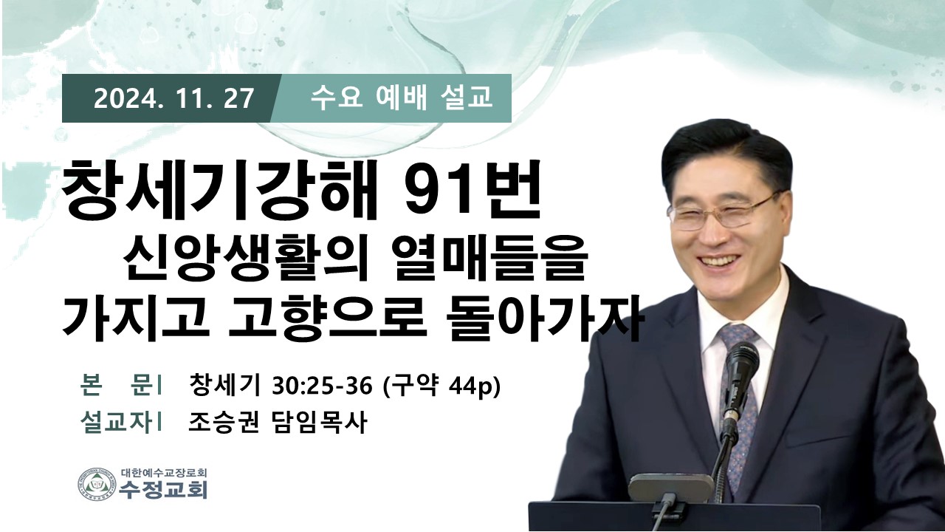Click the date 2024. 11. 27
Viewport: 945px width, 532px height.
173,98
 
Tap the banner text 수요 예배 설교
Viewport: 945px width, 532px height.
401,98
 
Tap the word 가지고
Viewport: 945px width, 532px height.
135,318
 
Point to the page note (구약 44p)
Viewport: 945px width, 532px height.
441,386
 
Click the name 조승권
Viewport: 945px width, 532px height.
223,422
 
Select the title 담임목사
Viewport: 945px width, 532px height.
317,422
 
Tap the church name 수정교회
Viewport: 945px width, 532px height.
163,490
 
